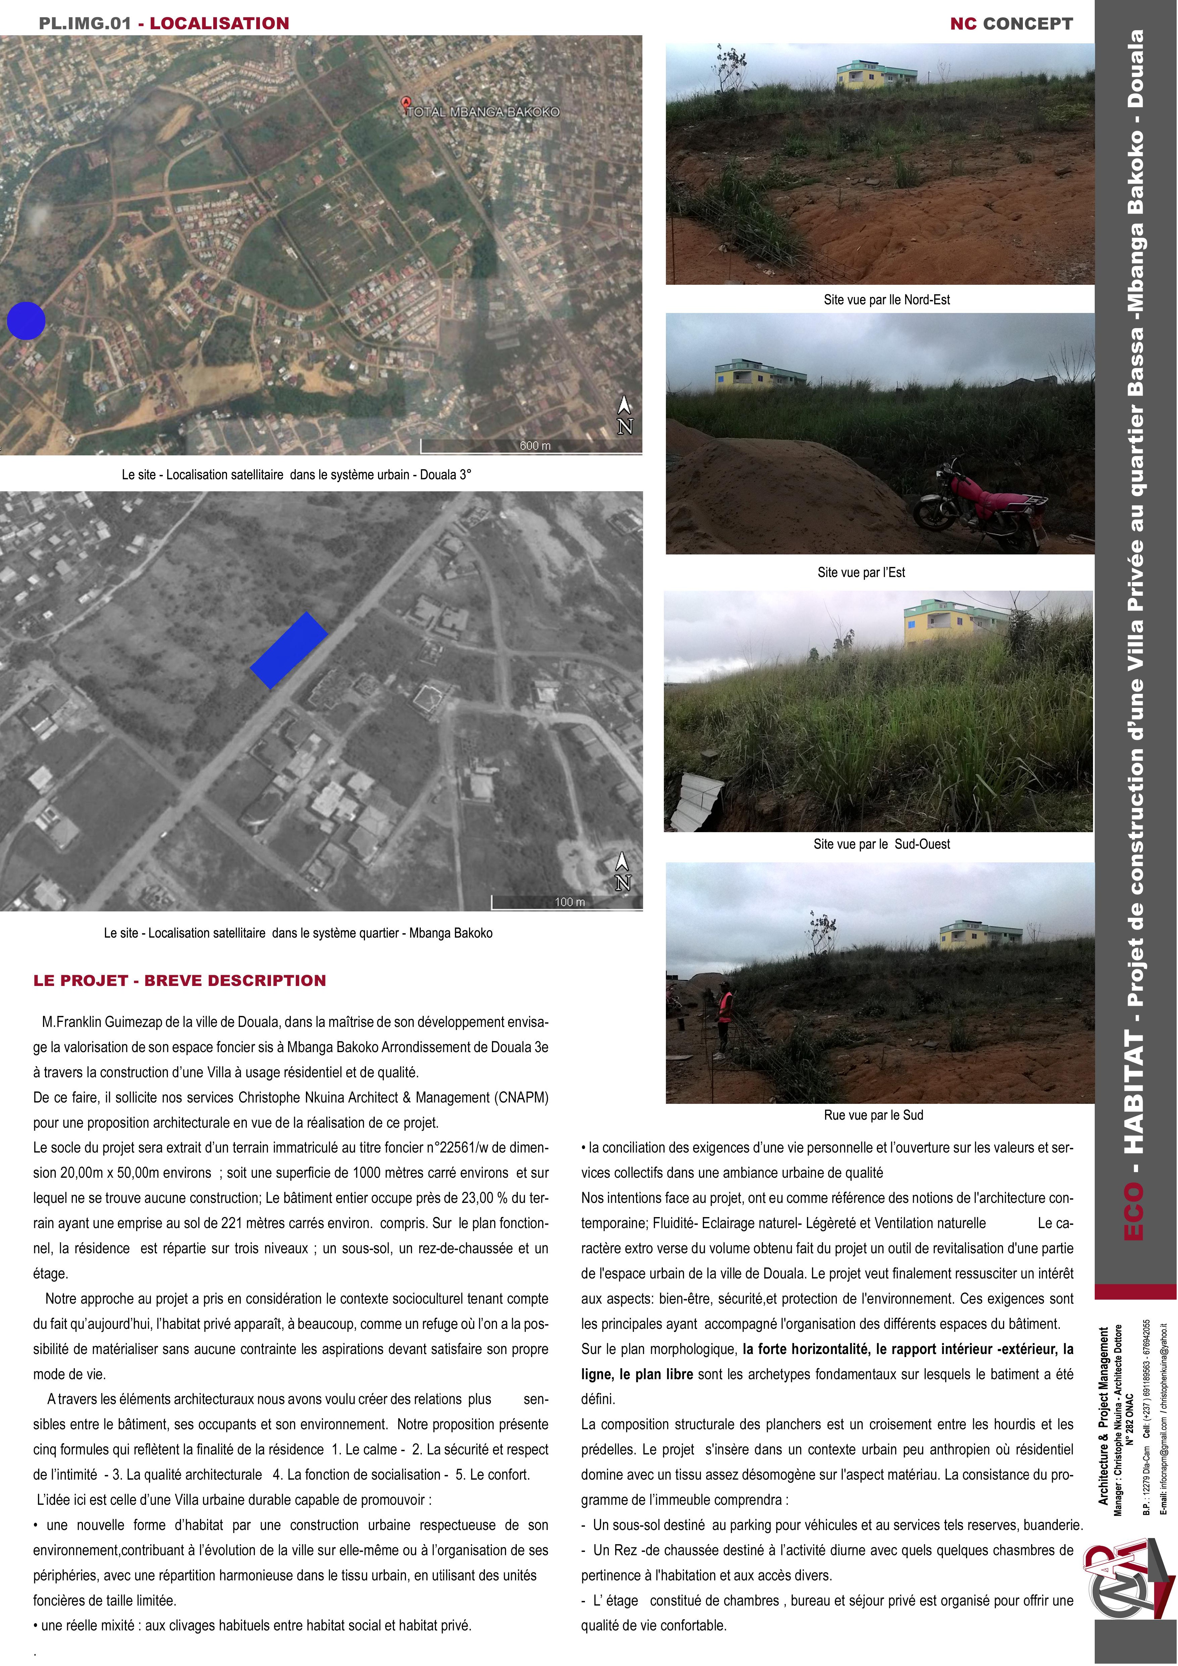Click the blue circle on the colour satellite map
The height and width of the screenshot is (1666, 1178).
[26, 320]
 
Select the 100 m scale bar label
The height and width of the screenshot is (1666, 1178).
[570, 902]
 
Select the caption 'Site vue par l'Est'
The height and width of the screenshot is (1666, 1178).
[861, 573]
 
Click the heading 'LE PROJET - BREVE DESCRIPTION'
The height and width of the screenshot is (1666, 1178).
[180, 980]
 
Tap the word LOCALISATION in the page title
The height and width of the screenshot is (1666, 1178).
[219, 23]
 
